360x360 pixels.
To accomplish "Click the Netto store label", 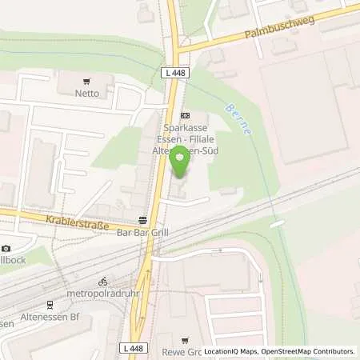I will [x=87, y=93].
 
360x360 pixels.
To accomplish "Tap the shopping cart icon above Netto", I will [x=87, y=80].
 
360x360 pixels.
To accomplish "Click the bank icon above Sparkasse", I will [x=186, y=115].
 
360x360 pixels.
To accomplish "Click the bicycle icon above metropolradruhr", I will [x=102, y=282].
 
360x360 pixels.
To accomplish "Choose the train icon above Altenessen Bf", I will [x=49, y=305].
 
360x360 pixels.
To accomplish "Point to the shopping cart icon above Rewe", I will [x=186, y=340].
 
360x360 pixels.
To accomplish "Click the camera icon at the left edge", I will [x=7, y=249].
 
